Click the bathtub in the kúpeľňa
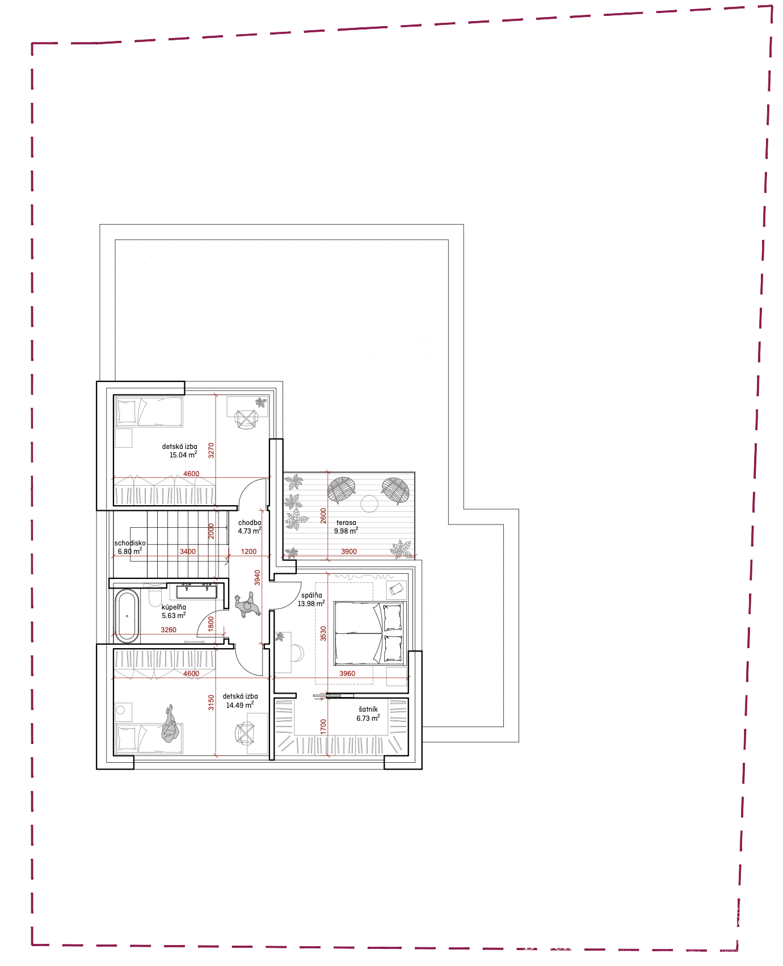[x=127, y=616]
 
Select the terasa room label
[x=346, y=523]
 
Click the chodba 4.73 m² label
[x=250, y=527]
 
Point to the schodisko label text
[x=130, y=543]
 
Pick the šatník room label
[x=368, y=709]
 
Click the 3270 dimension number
[x=211, y=451]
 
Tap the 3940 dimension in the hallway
[x=257, y=578]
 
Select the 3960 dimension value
[x=347, y=674]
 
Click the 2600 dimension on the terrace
[x=323, y=515]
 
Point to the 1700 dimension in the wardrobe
[x=323, y=726]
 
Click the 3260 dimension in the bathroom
[x=169, y=630]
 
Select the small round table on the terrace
[x=369, y=503]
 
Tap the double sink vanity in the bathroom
[x=196, y=592]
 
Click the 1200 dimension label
[x=249, y=552]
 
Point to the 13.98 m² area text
[x=311, y=604]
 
